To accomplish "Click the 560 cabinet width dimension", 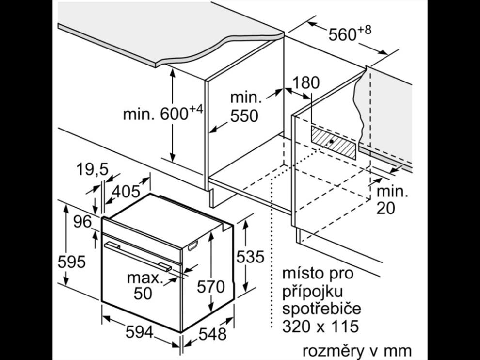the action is tap(350, 33).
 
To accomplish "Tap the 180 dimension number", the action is tap(306, 83).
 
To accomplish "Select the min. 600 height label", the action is tap(163, 113).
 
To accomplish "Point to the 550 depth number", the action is tap(244, 116).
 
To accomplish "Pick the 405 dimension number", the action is tap(126, 192).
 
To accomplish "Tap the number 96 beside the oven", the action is tap(82, 222).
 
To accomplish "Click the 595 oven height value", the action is tap(72, 262).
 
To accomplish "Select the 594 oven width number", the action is tap(139, 332).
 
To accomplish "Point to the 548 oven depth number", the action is tap(212, 334).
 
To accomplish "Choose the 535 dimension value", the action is tap(250, 257).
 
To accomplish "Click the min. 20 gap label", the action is tap(392, 200).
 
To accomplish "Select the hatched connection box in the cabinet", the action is tap(334, 143).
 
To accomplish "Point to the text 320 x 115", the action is tap(320, 327).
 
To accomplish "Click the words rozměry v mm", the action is tap(357, 351).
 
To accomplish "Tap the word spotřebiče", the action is tap(321, 309).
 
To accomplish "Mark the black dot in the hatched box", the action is tap(331, 142).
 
